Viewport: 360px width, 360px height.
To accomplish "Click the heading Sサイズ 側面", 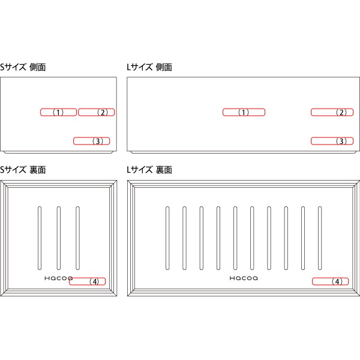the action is [23, 67].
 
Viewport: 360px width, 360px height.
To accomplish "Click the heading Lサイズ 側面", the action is [149, 67].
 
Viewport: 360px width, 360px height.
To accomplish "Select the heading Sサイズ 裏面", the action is [23, 170].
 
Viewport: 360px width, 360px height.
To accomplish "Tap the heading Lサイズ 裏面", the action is [149, 170].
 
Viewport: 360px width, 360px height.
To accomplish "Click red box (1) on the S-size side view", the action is [58, 112].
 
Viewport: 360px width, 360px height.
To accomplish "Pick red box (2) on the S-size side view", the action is [96, 112].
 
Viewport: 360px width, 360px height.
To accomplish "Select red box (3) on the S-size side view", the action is [91, 141].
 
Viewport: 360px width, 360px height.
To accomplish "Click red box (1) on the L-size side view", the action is [244, 112].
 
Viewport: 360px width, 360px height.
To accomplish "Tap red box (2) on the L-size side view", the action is [332, 112].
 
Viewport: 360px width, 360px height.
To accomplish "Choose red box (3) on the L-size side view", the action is [332, 141].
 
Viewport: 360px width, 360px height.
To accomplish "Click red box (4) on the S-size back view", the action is [87, 281].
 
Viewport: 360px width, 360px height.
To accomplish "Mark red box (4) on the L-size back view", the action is [330, 281].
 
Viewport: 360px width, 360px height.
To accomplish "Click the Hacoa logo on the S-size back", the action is [59, 278].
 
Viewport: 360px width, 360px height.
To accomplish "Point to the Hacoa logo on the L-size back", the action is [244, 278].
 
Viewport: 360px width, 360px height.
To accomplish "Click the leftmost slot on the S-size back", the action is [40, 238].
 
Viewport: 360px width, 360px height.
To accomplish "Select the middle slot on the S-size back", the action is [59, 238].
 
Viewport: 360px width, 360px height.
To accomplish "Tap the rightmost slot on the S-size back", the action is [77, 238].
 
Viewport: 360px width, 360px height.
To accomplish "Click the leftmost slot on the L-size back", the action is [167, 238].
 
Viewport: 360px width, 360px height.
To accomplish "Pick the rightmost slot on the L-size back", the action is [320, 238].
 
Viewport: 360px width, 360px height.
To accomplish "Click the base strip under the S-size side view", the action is [58, 152].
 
